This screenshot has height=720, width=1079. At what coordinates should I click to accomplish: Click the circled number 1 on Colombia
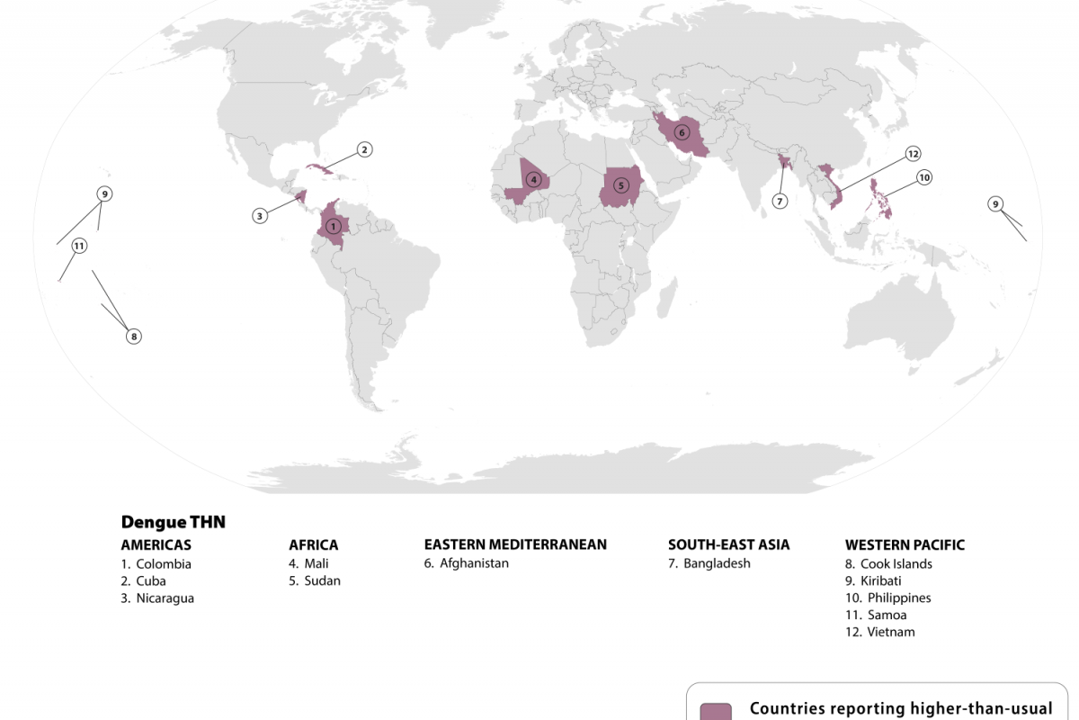334,226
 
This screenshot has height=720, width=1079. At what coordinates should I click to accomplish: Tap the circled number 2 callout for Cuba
364,149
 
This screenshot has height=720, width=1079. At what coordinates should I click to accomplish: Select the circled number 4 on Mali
534,179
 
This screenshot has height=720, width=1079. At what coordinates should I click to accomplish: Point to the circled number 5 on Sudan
620,185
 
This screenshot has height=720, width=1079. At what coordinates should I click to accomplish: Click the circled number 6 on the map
681,132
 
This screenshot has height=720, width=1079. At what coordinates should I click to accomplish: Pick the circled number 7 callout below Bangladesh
780,201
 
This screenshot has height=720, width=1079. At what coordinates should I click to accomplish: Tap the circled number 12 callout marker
914,154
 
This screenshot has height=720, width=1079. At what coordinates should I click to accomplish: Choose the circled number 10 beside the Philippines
924,178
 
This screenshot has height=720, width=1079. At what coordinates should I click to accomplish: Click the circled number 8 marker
133,337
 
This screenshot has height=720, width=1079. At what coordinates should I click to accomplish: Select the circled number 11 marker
79,246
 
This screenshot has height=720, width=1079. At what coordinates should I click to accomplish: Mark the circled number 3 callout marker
260,215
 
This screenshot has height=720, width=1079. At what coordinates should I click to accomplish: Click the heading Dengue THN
173,522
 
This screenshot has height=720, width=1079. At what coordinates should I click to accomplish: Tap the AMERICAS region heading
156,544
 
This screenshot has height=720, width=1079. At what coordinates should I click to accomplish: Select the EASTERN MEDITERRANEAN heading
515,544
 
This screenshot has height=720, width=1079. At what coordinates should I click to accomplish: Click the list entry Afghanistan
474,563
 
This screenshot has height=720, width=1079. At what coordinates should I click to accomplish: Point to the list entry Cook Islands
896,564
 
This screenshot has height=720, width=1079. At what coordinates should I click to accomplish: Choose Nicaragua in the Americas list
165,598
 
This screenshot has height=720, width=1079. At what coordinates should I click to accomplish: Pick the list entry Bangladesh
717,563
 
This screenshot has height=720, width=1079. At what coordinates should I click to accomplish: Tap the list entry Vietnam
891,632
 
